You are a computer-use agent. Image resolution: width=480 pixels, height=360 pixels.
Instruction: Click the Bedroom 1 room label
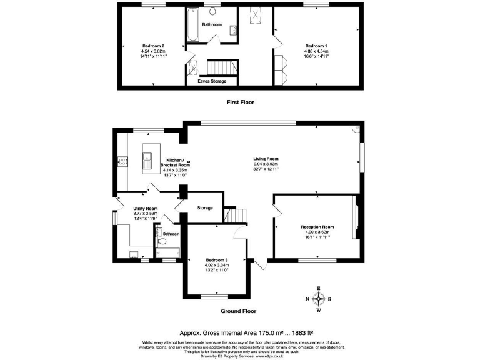316,46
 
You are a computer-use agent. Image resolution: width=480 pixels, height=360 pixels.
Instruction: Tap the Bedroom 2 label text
153,46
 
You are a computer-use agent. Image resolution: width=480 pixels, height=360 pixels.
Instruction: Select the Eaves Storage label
212,81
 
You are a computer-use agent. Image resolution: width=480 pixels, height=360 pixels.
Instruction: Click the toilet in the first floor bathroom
212,11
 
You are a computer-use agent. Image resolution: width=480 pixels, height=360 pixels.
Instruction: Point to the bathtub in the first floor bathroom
191,25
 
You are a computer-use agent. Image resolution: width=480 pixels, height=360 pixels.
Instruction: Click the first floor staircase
219,66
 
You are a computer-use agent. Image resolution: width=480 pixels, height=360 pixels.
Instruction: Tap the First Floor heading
240,102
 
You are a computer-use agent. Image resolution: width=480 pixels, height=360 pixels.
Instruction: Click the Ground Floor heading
239,311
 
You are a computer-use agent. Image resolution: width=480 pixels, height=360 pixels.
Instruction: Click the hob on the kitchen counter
122,161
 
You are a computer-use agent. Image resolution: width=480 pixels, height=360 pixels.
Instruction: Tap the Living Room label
266,159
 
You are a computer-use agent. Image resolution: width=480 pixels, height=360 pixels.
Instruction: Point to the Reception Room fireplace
356,218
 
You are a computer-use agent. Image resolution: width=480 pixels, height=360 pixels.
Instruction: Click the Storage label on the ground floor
205,208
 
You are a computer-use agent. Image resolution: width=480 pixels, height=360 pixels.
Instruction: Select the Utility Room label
145,209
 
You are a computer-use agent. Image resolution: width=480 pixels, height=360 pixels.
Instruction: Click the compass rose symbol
319,299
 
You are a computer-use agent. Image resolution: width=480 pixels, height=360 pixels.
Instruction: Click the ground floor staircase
237,216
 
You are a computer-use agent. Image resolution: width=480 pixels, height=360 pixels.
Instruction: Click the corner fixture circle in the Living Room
356,129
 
